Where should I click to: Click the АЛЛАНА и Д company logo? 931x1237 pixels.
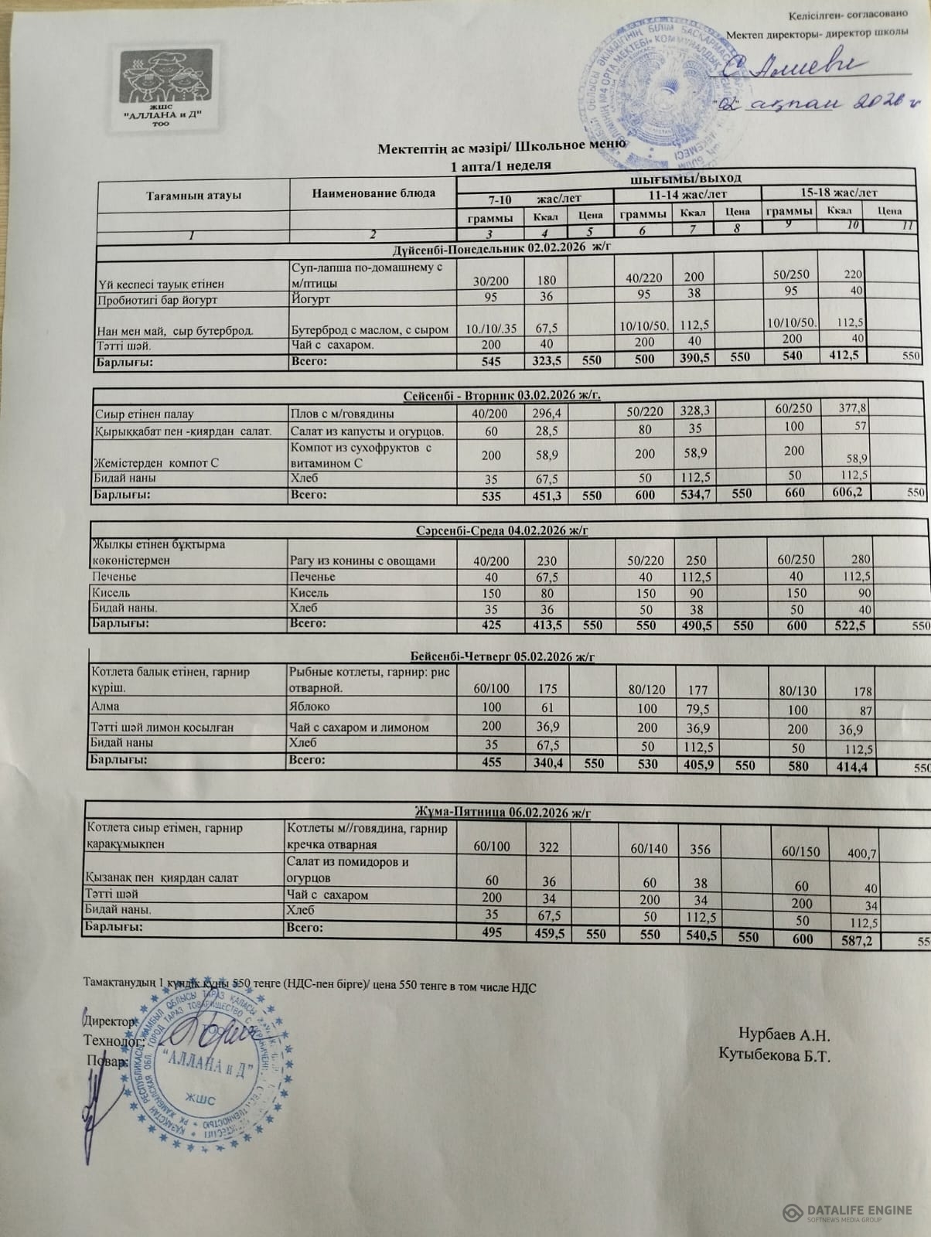[x=168, y=87]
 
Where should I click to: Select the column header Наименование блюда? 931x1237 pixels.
[x=373, y=193]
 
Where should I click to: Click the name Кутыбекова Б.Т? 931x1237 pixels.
[x=774, y=1055]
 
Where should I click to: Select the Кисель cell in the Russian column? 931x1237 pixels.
[x=309, y=593]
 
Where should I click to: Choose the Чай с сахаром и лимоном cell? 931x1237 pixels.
[x=359, y=728]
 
